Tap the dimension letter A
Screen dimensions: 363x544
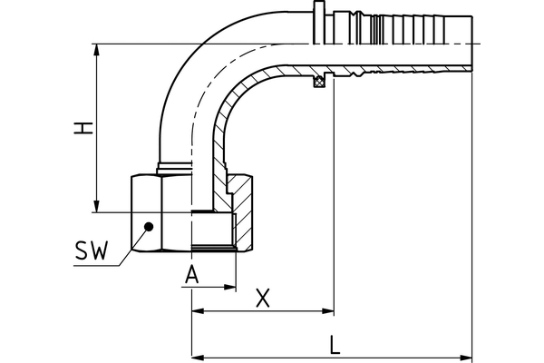tap(191, 273)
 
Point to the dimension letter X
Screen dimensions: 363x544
tap(263, 297)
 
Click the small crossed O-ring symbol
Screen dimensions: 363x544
tap(318, 84)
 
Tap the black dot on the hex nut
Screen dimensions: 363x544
tap(151, 226)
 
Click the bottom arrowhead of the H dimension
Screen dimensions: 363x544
tap(97, 208)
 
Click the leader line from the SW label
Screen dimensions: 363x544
tap(127, 246)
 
